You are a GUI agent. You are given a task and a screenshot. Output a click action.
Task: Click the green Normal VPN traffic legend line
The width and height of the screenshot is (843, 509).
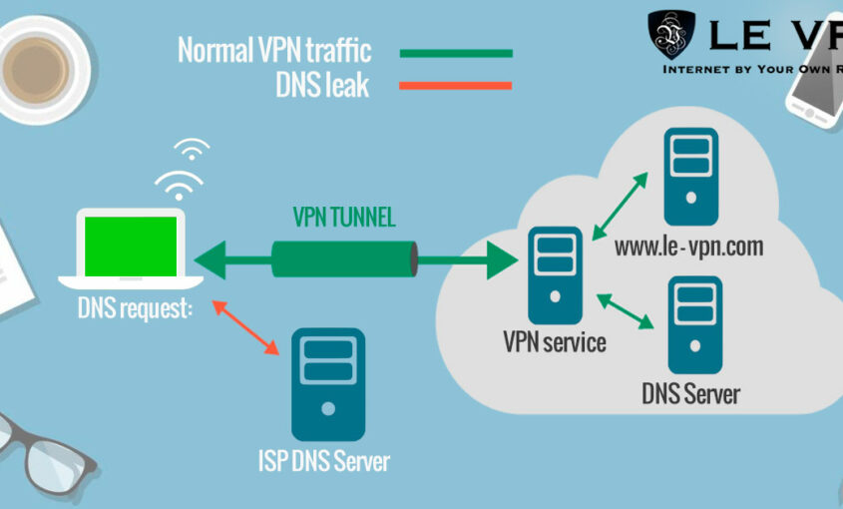pyautogui.click(x=456, y=52)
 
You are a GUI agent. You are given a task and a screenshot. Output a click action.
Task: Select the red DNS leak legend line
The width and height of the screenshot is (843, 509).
pyautogui.click(x=456, y=86)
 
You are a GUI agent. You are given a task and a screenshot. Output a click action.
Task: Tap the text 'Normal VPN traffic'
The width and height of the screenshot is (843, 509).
pyautogui.click(x=274, y=50)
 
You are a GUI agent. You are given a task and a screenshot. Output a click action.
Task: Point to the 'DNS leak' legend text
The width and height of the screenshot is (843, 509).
pyautogui.click(x=322, y=86)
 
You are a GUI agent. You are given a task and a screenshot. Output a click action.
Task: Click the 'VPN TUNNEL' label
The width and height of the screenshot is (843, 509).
pyautogui.click(x=343, y=217)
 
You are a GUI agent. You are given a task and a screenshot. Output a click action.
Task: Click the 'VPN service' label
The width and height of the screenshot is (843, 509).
pyautogui.click(x=554, y=343)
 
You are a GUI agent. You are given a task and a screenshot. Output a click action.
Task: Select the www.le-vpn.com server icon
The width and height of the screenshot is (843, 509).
pyautogui.click(x=690, y=178)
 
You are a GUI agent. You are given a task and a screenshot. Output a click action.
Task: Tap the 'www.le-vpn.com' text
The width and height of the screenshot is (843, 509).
pyautogui.click(x=688, y=246)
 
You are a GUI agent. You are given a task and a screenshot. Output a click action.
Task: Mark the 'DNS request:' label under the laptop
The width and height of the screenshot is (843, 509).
pyautogui.click(x=135, y=308)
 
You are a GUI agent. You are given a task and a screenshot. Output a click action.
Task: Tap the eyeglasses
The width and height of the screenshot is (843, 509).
pyautogui.click(x=40, y=449)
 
